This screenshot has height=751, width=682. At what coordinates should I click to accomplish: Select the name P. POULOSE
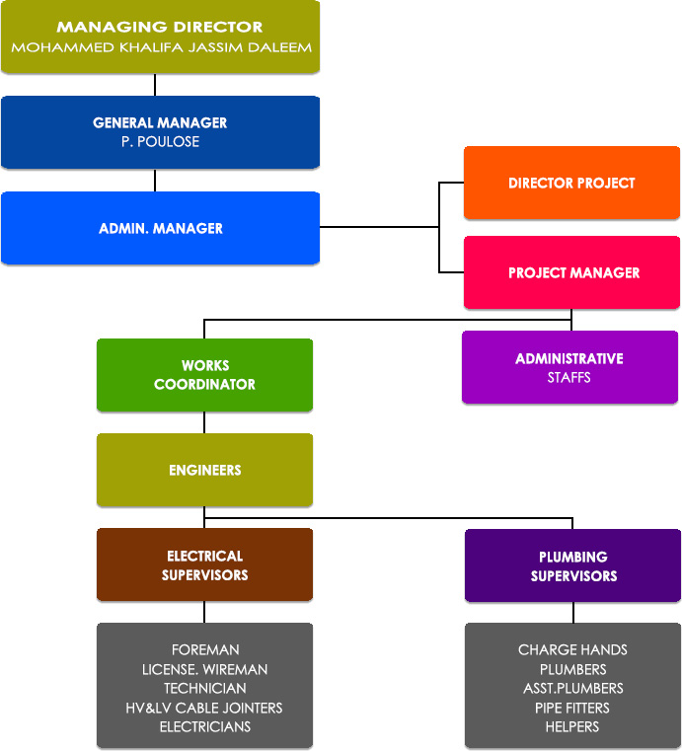coord(160,142)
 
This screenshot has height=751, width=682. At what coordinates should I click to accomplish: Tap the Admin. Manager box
coord(160,228)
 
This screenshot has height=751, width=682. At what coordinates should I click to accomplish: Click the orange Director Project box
coord(571,183)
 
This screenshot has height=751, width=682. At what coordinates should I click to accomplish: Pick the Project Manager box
coord(571,272)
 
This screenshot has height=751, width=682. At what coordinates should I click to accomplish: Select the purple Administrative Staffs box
coord(569,367)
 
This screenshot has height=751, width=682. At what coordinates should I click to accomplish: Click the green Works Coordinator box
coord(204,375)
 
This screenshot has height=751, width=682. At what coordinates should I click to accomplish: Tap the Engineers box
coord(204,470)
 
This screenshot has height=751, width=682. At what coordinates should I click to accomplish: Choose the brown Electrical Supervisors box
coord(204,565)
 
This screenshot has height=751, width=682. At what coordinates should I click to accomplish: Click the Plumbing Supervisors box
coord(572,566)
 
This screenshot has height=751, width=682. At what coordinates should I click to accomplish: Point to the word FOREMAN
coord(205,650)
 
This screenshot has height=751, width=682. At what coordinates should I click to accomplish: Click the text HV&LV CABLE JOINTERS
coord(205,708)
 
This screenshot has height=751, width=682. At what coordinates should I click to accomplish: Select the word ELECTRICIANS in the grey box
coord(205,727)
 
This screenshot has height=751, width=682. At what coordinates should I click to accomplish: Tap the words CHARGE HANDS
coord(572,650)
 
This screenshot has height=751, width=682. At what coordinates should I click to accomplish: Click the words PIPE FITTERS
coord(572,708)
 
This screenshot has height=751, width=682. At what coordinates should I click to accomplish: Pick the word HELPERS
coord(572,727)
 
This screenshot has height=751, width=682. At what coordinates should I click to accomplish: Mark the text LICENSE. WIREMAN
coord(205,669)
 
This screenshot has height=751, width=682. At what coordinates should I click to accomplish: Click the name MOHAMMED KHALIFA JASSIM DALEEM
coord(160,47)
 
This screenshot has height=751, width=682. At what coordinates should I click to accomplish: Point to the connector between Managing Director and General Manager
coord(155,85)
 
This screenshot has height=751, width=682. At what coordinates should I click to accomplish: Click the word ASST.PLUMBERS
coord(572,689)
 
